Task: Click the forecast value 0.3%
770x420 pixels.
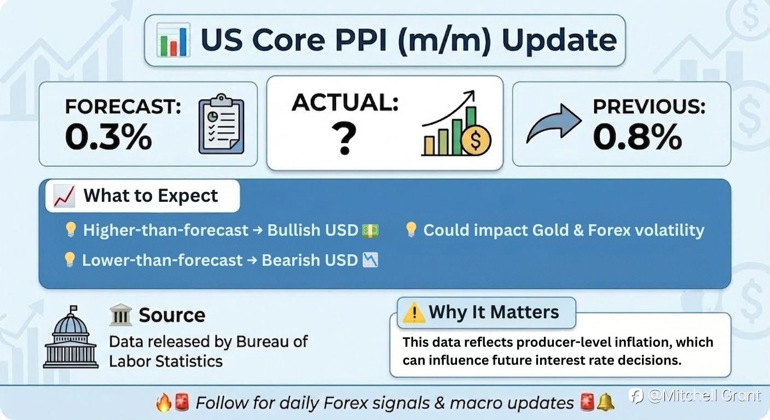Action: point(108,137)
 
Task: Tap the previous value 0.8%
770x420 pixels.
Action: point(638,137)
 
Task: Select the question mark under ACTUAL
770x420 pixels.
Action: point(344,139)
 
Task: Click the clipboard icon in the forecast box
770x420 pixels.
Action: point(222,124)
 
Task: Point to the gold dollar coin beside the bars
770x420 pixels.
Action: point(476,141)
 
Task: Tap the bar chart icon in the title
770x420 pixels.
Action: point(173,40)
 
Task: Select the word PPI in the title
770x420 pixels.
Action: point(361,40)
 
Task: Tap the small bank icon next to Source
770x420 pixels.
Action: point(120,314)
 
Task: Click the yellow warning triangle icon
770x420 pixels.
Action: point(414,312)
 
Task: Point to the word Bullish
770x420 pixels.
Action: point(296,230)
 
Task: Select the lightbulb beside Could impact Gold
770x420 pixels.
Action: point(412,229)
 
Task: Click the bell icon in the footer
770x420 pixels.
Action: point(606,402)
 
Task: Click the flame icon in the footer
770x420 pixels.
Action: point(164,402)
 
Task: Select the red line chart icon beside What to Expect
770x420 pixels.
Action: point(64,196)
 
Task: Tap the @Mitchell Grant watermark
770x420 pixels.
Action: point(694,396)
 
